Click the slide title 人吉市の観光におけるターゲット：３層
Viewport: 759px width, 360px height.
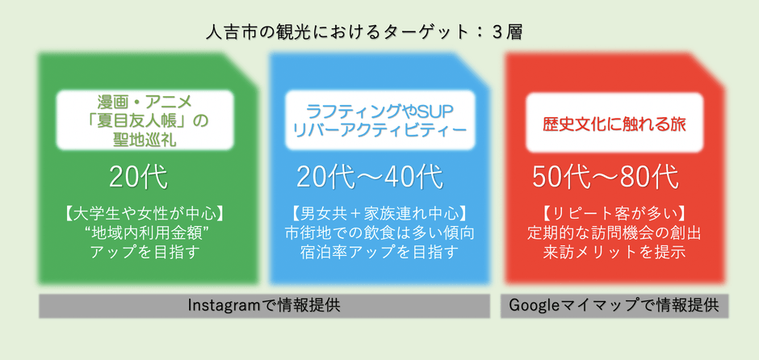click(363, 32)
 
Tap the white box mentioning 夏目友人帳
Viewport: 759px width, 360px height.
click(145, 120)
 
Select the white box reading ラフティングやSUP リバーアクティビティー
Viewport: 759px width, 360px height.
click(380, 120)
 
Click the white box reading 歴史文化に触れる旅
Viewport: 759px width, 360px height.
click(614, 123)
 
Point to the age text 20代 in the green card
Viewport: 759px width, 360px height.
click(138, 178)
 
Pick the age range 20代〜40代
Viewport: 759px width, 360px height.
click(370, 178)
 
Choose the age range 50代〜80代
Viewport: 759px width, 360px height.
click(605, 178)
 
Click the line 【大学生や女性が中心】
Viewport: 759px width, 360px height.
click(145, 215)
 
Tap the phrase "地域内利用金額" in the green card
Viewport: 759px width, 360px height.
click(145, 234)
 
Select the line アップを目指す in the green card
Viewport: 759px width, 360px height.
click(145, 253)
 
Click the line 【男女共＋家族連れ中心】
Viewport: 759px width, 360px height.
click(379, 215)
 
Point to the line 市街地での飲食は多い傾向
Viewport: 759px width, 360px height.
click(379, 234)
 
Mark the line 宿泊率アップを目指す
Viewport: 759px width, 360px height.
click(379, 253)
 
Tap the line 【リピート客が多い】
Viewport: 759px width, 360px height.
click(614, 215)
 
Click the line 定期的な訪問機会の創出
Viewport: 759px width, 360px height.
click(614, 234)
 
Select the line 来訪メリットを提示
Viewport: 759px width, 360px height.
click(614, 253)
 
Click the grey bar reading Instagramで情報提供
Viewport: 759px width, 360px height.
click(264, 306)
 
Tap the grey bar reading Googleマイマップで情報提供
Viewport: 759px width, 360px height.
click(614, 306)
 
